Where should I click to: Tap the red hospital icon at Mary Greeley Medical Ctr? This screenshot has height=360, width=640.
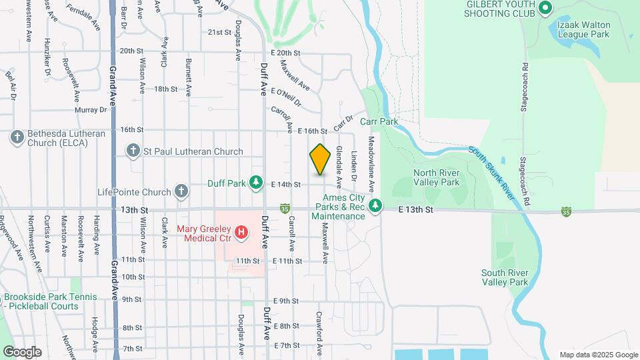tap(242, 233)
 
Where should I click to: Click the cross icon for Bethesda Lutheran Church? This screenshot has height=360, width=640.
tap(17, 138)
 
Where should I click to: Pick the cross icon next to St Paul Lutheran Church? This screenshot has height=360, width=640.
tap(133, 151)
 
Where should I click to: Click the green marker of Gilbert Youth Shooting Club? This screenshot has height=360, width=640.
tap(545, 8)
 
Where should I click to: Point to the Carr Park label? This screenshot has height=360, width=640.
tap(379, 122)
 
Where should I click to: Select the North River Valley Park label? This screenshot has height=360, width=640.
tap(437, 177)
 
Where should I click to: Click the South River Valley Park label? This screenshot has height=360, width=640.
tap(505, 277)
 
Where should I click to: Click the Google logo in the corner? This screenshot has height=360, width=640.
tap(22, 351)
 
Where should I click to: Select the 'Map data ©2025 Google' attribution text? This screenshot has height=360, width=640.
tap(598, 355)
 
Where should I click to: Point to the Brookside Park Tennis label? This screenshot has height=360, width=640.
tap(50, 297)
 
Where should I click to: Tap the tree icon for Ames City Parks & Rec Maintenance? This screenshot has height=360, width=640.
tap(376, 207)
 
